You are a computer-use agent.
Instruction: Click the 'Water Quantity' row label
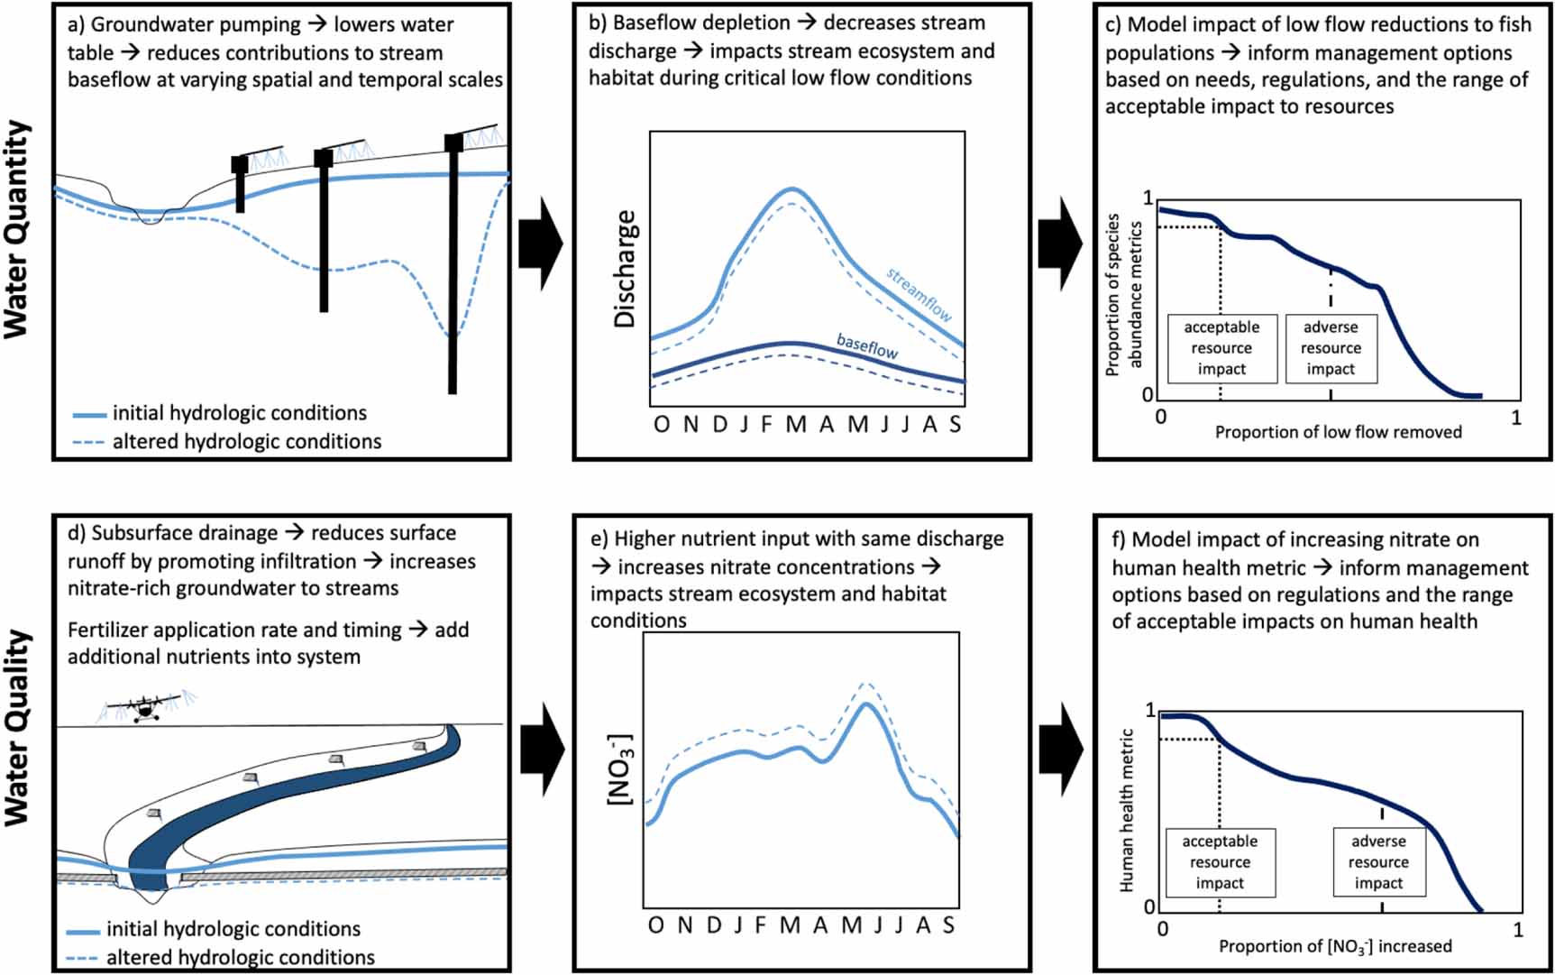point(17,230)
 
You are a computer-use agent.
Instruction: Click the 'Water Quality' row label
point(17,727)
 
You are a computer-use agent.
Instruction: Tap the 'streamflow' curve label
point(919,294)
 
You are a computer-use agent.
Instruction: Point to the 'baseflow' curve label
point(867,346)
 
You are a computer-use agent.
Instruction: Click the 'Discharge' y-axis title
point(625,269)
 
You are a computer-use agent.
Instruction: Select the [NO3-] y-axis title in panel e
point(620,769)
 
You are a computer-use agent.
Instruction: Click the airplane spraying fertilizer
point(144,708)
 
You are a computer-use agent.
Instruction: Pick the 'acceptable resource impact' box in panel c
point(1222,348)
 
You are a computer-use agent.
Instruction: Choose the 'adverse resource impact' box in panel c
point(1331,348)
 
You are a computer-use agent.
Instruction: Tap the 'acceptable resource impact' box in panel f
point(1220,862)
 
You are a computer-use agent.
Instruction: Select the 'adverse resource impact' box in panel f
point(1379,862)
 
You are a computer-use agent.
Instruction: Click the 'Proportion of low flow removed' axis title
point(1339,432)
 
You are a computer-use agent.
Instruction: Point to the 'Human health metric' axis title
point(1126,811)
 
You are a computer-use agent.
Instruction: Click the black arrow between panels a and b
point(541,243)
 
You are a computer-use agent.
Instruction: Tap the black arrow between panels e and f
point(1061,750)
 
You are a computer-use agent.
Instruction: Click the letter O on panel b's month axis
point(662,424)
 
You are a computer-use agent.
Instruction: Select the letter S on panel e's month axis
point(948,925)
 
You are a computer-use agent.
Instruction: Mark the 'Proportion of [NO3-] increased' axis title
point(1336,946)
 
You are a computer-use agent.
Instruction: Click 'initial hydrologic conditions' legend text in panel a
point(240,413)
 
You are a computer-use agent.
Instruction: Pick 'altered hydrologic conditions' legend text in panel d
point(241,957)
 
